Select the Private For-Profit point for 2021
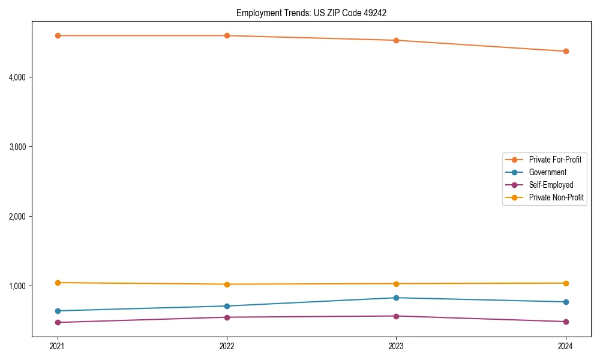pyautogui.click(x=58, y=35)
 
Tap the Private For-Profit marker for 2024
pyautogui.click(x=566, y=52)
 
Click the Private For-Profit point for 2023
pyautogui.click(x=396, y=40)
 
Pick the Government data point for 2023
pyautogui.click(x=396, y=298)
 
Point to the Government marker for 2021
pyautogui.click(x=58, y=311)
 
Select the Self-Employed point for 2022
pyautogui.click(x=227, y=317)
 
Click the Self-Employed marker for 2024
pyautogui.click(x=566, y=322)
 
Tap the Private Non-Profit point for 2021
pyautogui.click(x=58, y=283)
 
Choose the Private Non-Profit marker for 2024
pyautogui.click(x=566, y=283)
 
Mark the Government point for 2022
pyautogui.click(x=227, y=306)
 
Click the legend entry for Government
pyautogui.click(x=547, y=172)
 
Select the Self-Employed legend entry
pyautogui.click(x=551, y=185)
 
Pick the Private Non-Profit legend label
pyautogui.click(x=556, y=197)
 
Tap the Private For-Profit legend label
pyautogui.click(x=555, y=160)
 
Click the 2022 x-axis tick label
pyautogui.click(x=227, y=346)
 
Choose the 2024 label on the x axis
pyautogui.click(x=566, y=346)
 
